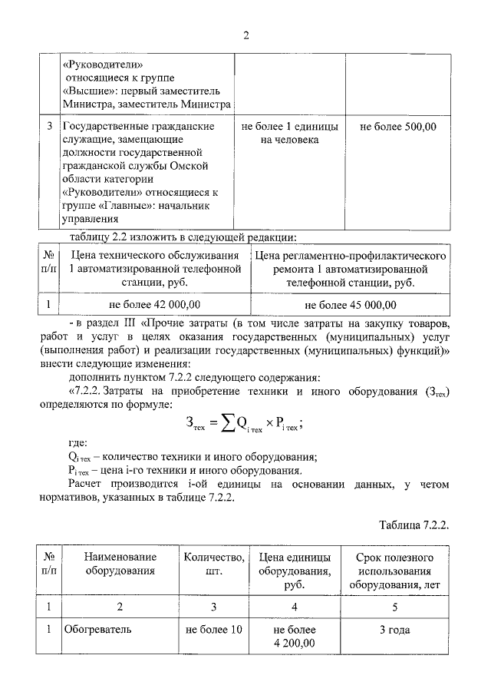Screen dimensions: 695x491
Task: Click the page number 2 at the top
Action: [x=246, y=35]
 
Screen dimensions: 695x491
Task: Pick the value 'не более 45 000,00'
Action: [x=353, y=305]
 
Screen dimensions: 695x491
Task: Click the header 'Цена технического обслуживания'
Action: [x=156, y=255]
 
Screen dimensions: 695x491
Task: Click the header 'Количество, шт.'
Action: [x=215, y=564]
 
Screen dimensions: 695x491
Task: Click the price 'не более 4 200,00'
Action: [x=294, y=637]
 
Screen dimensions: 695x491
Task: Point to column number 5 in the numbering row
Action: [x=394, y=607]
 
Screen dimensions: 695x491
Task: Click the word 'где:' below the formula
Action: [x=78, y=444]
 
